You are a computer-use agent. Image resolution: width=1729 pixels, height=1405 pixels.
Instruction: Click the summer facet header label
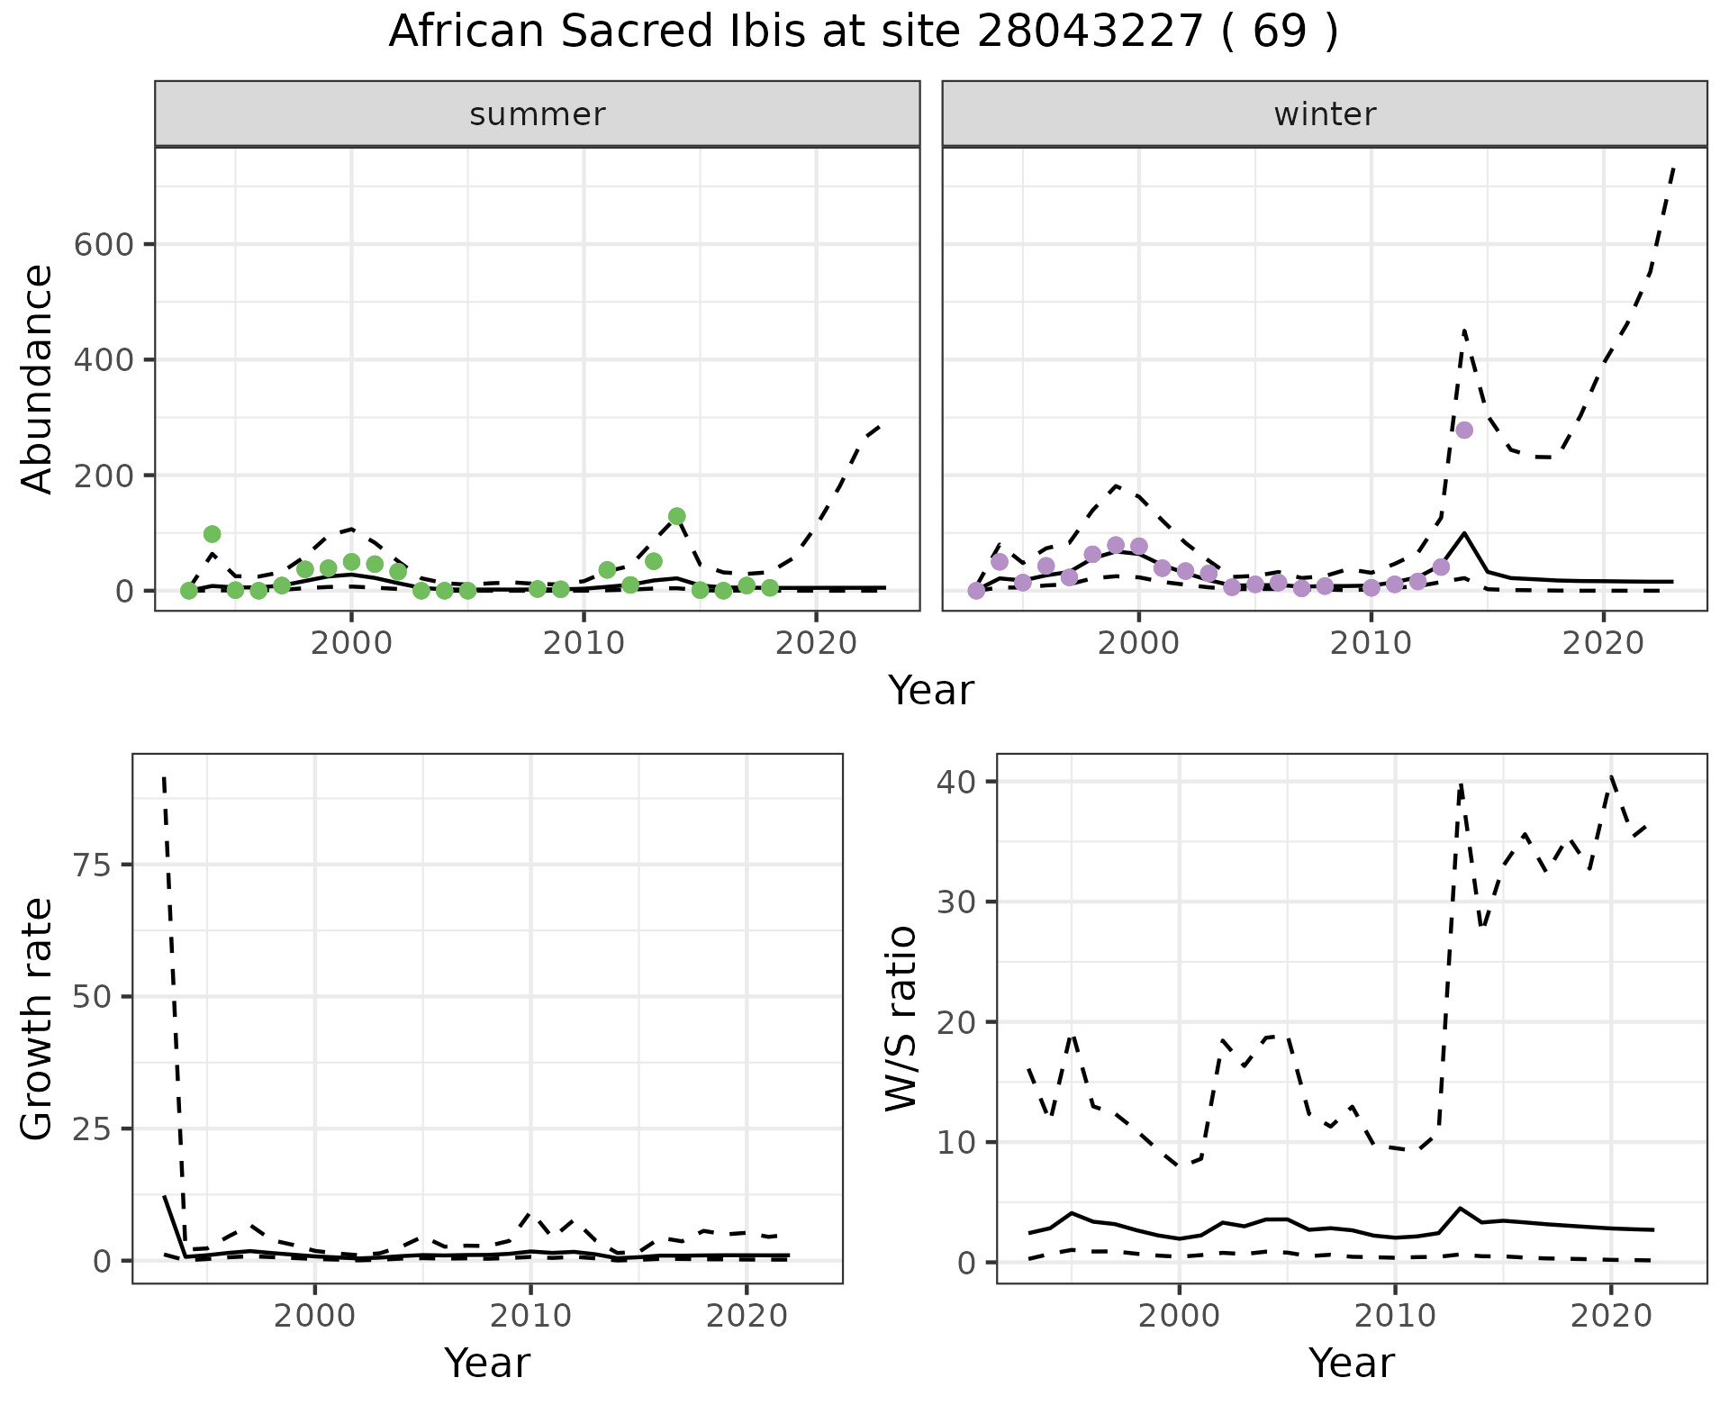538,114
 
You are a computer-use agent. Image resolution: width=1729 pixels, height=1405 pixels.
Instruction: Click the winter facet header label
1325,114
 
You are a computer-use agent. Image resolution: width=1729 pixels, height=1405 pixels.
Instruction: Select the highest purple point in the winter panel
1464,430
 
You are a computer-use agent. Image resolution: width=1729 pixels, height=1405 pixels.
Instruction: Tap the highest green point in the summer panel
677,516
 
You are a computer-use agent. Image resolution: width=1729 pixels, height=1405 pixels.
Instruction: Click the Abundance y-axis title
38,379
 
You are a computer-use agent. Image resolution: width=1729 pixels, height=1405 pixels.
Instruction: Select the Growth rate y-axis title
38,1020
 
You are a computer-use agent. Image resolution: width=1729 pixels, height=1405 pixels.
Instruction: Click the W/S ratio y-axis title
901,1020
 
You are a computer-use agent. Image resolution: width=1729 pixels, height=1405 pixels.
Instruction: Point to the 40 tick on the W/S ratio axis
956,782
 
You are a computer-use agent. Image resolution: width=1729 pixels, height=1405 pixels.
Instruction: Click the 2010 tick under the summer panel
584,644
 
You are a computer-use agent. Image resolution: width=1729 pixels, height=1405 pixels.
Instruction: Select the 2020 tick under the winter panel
1603,644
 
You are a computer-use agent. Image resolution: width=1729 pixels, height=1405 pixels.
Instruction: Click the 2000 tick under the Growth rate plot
314,1316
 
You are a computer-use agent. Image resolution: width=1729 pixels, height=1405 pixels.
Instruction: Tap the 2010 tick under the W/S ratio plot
1395,1316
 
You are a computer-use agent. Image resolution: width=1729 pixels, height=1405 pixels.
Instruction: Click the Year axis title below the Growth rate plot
487,1363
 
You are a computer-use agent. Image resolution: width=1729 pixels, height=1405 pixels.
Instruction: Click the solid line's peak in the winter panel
1464,533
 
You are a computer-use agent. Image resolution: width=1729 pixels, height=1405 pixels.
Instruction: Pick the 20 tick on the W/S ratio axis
956,1022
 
